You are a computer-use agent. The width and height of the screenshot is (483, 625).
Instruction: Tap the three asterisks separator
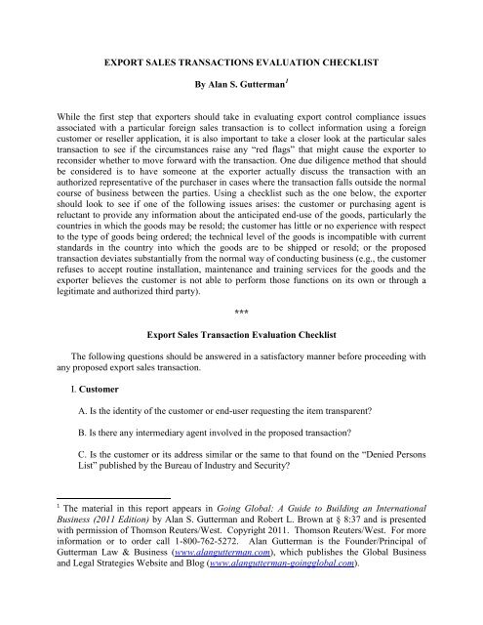(241, 338)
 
